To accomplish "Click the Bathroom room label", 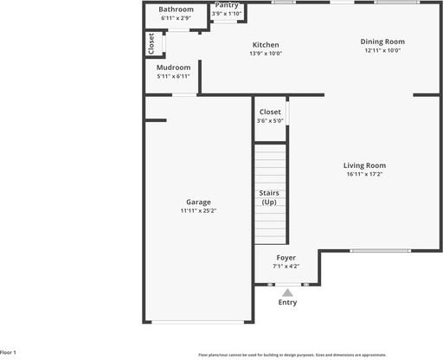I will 177,10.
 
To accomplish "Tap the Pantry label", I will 227,5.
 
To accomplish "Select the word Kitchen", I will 266,45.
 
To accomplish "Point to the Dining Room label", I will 382,42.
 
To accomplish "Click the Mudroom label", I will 173,67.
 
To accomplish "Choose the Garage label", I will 198,202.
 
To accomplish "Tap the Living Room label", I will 364,165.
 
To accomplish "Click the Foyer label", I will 286,258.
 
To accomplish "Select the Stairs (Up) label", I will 269,196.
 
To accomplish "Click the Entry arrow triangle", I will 287,292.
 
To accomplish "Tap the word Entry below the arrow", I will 287,302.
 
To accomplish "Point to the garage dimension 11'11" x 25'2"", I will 198,210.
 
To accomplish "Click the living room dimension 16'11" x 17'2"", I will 364,174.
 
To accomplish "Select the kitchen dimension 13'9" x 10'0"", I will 266,54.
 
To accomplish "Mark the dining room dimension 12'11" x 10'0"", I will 382,50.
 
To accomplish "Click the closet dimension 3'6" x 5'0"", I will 270,120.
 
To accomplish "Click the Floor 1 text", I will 9,353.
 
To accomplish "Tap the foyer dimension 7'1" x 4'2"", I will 286,267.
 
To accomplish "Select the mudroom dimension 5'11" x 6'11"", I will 173,76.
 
